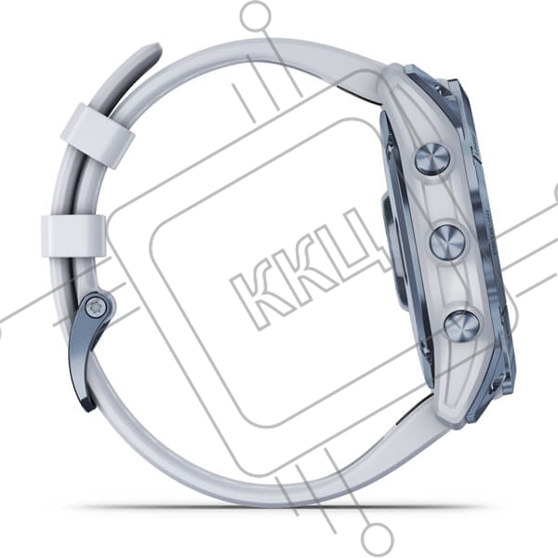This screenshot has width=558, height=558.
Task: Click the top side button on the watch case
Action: coord(433,160)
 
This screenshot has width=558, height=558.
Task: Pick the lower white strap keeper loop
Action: coord(73,236)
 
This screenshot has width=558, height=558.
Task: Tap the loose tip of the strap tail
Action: coord(153,49)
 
